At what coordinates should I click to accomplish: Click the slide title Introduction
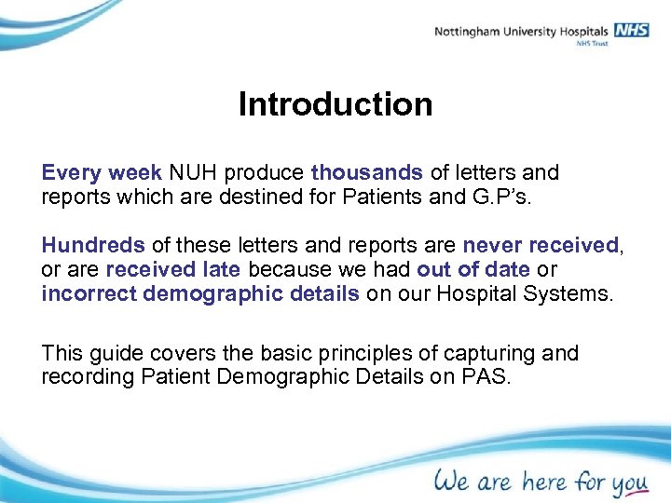335,103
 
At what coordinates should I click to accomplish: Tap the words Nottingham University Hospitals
521,32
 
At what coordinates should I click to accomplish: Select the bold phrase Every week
103,172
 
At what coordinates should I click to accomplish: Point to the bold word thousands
367,172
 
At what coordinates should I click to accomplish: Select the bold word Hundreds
93,245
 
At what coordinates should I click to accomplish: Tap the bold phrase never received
541,245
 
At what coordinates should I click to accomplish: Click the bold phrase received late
172,270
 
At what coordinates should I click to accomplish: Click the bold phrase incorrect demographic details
199,294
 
